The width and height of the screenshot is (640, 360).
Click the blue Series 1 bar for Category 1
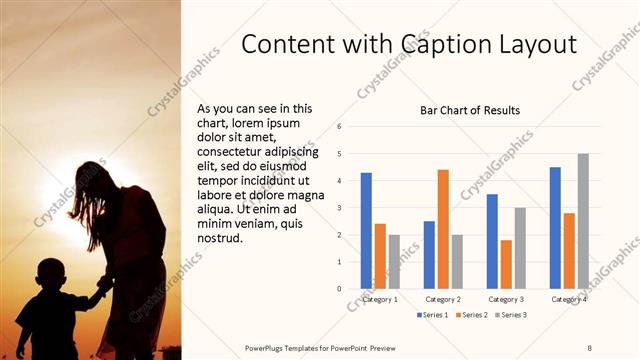(x=366, y=230)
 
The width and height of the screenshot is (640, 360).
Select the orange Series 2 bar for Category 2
(x=443, y=229)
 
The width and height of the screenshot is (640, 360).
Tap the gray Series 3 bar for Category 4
(x=583, y=221)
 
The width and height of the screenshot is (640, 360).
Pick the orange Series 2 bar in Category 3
(x=506, y=264)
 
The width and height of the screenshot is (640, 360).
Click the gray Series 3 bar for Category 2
(x=457, y=261)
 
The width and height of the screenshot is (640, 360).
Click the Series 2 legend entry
(x=473, y=315)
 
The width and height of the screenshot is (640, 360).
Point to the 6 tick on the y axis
(x=340, y=127)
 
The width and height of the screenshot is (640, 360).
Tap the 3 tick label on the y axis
(x=340, y=208)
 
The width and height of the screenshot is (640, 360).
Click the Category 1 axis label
(x=380, y=299)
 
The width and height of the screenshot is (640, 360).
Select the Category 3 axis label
(x=506, y=299)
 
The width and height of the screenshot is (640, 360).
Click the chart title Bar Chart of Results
(x=469, y=110)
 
